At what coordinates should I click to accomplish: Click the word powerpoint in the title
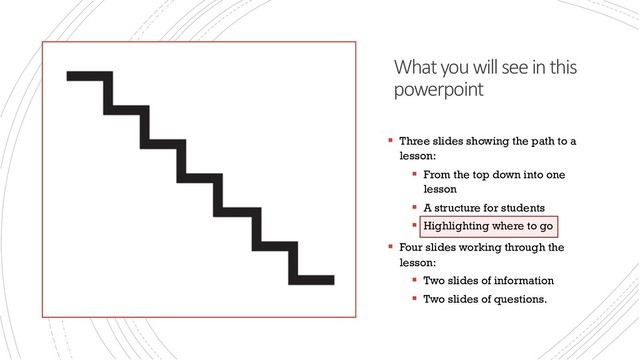tap(438, 90)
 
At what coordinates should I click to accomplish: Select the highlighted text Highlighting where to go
tap(488, 226)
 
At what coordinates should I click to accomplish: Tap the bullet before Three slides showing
tap(391, 140)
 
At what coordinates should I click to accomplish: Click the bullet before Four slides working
tap(391, 247)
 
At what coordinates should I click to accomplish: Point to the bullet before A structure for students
tap(415, 207)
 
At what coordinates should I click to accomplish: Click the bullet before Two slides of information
tap(415, 280)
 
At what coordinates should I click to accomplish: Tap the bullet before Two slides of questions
tap(415, 298)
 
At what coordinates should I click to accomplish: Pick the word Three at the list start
tap(414, 141)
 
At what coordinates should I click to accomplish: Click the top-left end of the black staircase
tap(67, 76)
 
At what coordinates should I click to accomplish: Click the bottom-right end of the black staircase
tap(333, 280)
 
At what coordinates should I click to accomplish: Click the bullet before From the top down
tap(415, 174)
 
